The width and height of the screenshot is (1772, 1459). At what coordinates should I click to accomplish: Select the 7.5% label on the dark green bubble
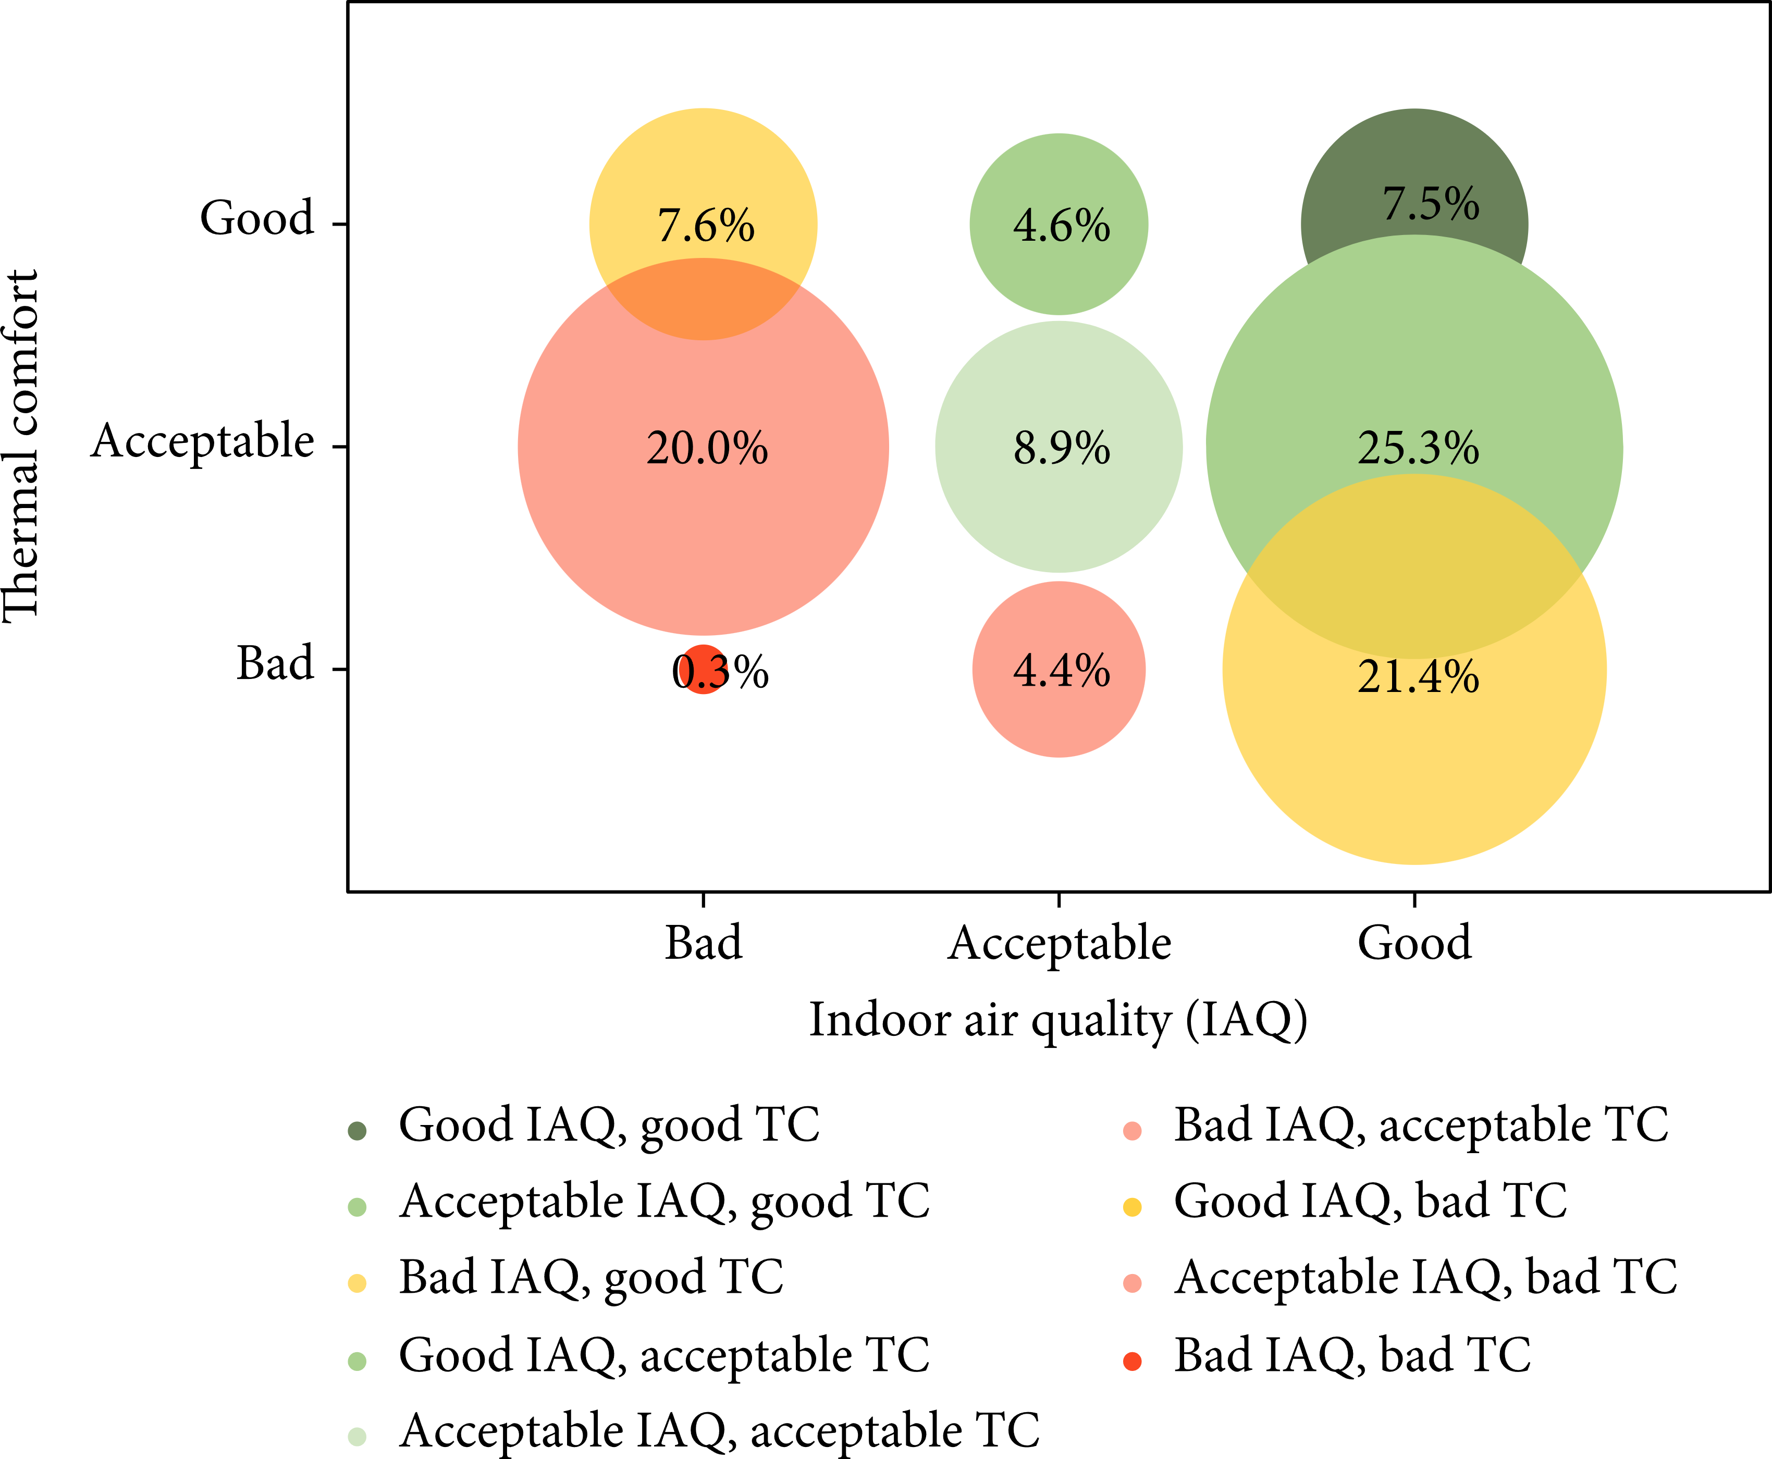(x=1431, y=204)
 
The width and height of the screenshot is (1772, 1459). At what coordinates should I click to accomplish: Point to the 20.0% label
(x=706, y=448)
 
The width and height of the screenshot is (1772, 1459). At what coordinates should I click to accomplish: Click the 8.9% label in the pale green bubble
(x=1061, y=448)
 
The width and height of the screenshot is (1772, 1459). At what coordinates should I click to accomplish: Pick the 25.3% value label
(x=1418, y=448)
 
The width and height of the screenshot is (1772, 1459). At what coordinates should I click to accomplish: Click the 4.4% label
(x=1061, y=671)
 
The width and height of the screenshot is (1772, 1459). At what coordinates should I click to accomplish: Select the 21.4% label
(x=1418, y=676)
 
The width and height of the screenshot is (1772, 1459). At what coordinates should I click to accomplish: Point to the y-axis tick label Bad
(x=275, y=663)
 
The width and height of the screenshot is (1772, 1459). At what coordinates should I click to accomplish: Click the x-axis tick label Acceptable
(x=1059, y=943)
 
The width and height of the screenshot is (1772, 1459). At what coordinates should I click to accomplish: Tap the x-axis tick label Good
(x=1415, y=943)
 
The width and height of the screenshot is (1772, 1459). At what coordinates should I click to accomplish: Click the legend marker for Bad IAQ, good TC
(x=357, y=1283)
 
